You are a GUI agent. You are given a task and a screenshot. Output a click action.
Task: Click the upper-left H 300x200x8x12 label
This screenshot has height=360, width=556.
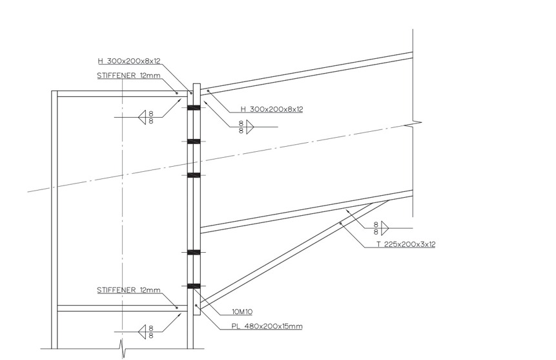click(x=129, y=61)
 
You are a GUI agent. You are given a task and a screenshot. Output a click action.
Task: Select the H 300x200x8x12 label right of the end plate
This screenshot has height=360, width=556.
click(x=272, y=109)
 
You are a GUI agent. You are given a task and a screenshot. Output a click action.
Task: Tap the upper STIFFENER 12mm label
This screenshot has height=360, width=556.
click(x=129, y=76)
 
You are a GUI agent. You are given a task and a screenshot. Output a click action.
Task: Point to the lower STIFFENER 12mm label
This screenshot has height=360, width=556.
click(x=129, y=290)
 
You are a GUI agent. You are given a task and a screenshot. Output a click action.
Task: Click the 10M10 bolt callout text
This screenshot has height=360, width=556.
click(x=242, y=312)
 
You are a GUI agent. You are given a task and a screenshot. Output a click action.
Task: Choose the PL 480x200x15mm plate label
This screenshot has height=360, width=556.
click(x=267, y=326)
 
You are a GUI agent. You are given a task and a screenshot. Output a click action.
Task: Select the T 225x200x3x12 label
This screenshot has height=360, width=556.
click(x=406, y=244)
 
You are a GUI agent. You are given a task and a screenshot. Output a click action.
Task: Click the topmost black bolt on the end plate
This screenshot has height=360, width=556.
click(x=194, y=108)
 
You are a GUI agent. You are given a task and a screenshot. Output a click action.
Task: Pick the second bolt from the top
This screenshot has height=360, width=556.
click(x=194, y=142)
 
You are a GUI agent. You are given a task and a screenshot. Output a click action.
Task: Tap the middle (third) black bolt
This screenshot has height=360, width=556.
click(x=194, y=175)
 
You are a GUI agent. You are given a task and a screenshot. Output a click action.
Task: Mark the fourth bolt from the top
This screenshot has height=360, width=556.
click(x=194, y=253)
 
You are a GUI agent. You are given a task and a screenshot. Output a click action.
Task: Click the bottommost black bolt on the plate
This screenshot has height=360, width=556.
click(x=194, y=286)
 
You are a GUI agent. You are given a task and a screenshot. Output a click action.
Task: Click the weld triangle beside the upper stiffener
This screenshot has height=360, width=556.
click(x=142, y=117)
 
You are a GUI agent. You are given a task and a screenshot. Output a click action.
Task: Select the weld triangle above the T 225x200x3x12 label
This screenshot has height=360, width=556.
click(x=385, y=228)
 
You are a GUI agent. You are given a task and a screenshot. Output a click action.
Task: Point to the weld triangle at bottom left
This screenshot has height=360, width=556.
click(x=142, y=332)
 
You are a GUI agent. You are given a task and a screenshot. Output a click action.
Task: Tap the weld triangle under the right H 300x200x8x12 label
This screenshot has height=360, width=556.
click(x=251, y=127)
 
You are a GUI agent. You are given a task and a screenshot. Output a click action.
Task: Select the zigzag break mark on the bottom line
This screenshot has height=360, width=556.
click(x=122, y=349)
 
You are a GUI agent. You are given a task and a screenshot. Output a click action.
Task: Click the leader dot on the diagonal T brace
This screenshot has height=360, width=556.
click(x=340, y=224)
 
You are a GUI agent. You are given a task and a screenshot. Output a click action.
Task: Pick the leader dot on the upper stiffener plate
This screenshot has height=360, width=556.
click(x=176, y=93)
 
